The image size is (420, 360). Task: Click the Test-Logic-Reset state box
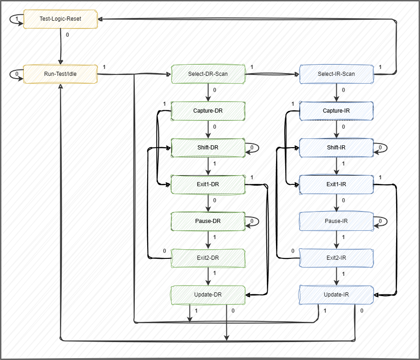tap(60, 19)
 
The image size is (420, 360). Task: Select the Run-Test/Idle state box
tap(60, 74)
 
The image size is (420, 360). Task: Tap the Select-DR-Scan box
tap(208, 74)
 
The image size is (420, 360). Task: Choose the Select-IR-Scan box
tap(336, 74)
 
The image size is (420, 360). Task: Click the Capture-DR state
tap(208, 111)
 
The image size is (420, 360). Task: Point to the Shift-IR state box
tap(336, 148)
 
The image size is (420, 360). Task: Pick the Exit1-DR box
tap(208, 184)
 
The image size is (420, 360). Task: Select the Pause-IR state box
tap(336, 221)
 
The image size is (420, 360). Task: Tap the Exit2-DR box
tap(208, 258)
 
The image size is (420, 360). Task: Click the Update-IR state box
tap(336, 295)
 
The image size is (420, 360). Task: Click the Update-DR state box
tap(208, 295)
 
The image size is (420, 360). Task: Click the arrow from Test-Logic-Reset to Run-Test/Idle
tap(60, 46)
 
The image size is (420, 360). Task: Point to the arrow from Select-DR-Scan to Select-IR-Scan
tap(271, 74)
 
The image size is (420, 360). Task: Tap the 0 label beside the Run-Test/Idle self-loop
tap(17, 73)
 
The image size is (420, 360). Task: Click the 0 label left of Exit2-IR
tap(293, 251)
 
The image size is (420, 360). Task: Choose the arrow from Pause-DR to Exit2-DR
tap(208, 240)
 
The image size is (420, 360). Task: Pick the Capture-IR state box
tap(336, 111)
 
